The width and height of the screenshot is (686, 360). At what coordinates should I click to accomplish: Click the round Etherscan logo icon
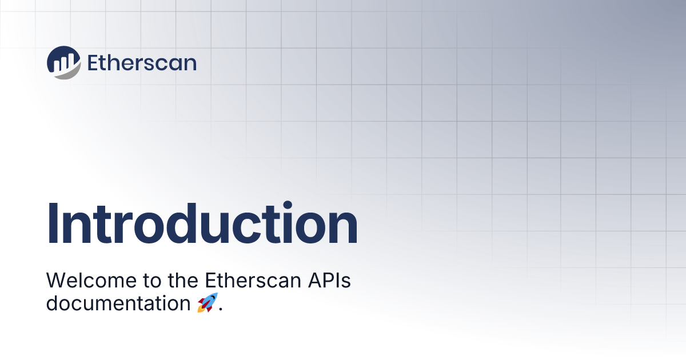coord(63,62)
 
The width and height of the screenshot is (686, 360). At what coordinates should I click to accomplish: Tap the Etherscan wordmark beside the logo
coord(142,63)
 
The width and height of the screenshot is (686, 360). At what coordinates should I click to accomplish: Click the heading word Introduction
coord(202,223)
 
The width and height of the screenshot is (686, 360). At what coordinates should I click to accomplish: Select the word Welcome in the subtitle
coord(91,280)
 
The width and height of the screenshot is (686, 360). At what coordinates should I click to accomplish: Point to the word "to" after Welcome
coord(152,281)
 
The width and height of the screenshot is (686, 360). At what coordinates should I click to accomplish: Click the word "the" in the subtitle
coord(183,280)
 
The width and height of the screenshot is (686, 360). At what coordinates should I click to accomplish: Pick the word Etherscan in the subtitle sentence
coord(253,280)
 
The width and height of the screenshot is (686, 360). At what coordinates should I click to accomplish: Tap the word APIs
coord(329,280)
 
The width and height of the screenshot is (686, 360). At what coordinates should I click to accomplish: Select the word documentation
coord(118,303)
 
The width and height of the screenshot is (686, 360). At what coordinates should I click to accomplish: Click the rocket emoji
coord(208,302)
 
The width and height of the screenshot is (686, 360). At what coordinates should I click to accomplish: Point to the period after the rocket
coord(221,310)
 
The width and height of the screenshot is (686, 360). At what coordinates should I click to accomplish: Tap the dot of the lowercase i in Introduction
coord(288,205)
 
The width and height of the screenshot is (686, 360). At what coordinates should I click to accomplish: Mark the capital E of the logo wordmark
coord(93,63)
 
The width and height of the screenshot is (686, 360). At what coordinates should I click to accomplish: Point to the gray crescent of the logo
coord(70,74)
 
